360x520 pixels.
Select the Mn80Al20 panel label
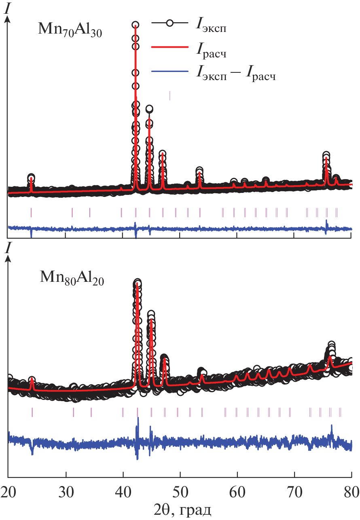[72, 279]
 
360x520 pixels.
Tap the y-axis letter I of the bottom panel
[7, 248]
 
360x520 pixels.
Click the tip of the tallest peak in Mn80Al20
[138, 283]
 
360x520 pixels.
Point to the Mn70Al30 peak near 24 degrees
[31, 178]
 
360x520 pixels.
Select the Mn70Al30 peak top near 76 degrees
[326, 156]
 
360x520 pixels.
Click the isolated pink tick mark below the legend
[170, 95]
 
